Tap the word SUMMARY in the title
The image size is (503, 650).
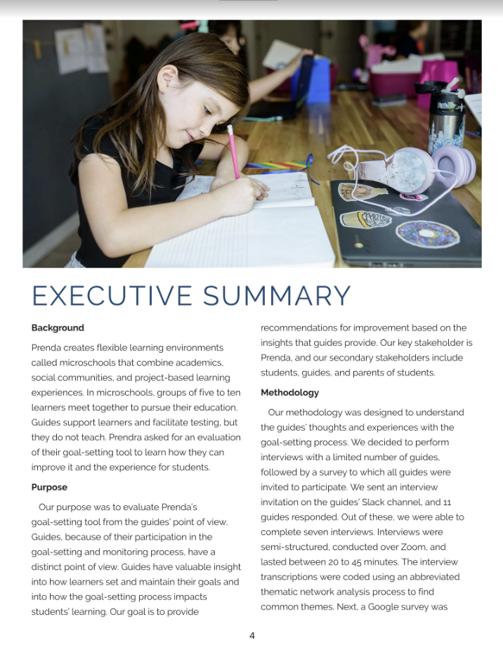coord(277,296)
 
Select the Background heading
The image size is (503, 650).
coord(58,327)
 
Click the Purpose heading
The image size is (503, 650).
coord(49,487)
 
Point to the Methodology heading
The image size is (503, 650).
coord(289,392)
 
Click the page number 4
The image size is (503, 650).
coord(251,636)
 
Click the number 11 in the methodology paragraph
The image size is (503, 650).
coord(447,502)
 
